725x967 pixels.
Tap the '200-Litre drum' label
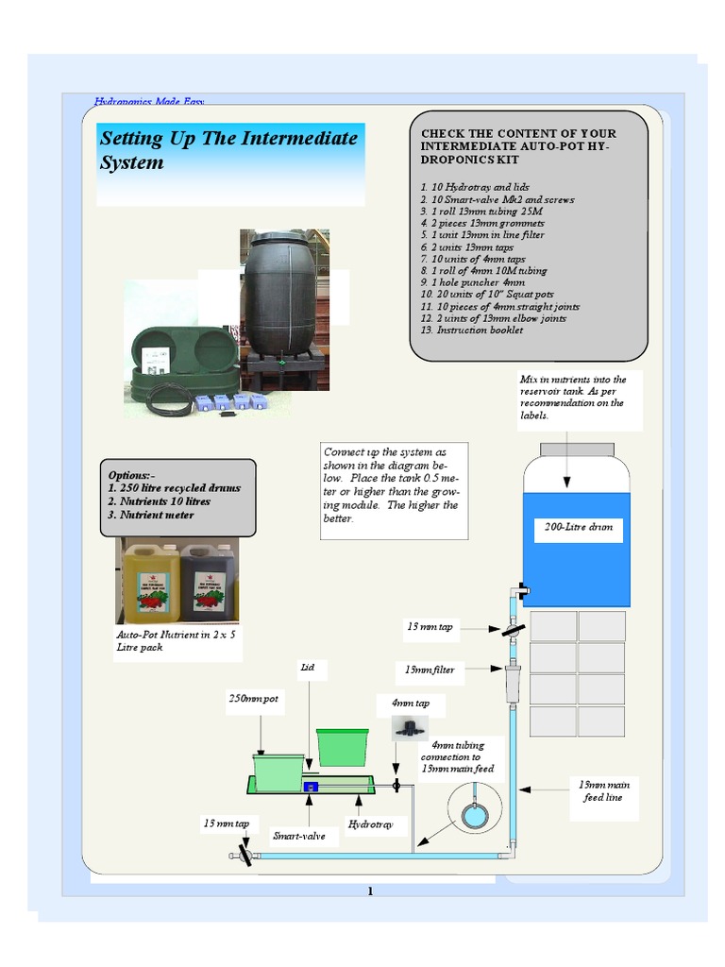[578, 527]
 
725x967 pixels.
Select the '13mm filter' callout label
[430, 670]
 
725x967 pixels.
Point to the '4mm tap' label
[404, 704]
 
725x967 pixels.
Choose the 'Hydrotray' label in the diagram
[369, 824]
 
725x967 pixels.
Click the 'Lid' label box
[307, 668]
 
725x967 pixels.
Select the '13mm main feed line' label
[604, 790]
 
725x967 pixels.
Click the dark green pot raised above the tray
[341, 746]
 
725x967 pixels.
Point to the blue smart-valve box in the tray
[311, 786]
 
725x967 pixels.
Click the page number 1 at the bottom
[370, 891]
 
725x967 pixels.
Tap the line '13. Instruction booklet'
[471, 331]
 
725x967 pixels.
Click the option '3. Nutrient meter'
[151, 515]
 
